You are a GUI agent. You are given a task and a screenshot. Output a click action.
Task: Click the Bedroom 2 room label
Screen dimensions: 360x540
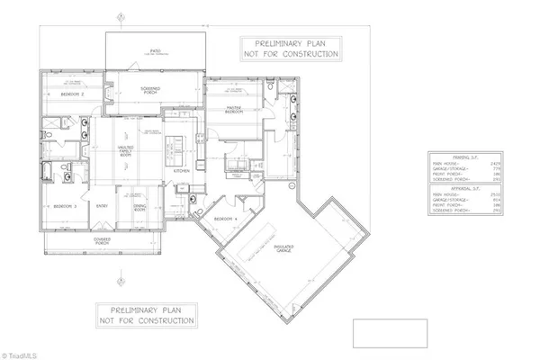pyautogui.click(x=73, y=94)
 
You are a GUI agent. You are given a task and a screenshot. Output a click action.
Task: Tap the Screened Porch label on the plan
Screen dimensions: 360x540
pyautogui.click(x=150, y=89)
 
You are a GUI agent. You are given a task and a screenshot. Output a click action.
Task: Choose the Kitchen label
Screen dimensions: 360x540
pyautogui.click(x=180, y=169)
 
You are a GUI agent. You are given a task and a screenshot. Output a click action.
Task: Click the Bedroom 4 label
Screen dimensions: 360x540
pyautogui.click(x=224, y=219)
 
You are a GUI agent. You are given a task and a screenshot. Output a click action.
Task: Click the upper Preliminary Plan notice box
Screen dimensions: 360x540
pyautogui.click(x=291, y=49)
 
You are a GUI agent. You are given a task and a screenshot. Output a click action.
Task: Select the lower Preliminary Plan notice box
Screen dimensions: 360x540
pyautogui.click(x=147, y=315)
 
